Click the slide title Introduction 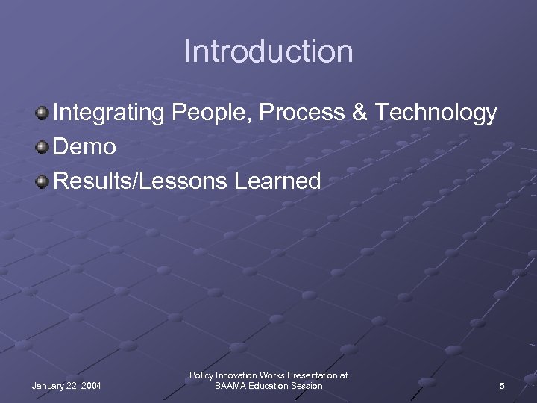pos(268,51)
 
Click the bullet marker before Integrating pos(43,113)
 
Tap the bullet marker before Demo pos(43,146)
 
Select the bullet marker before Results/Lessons pos(43,181)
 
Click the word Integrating pos(110,114)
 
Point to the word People pos(205,114)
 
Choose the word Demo pos(84,147)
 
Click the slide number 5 pos(502,386)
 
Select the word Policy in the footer pos(203,375)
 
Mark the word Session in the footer pos(307,386)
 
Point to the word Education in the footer pos(269,386)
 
